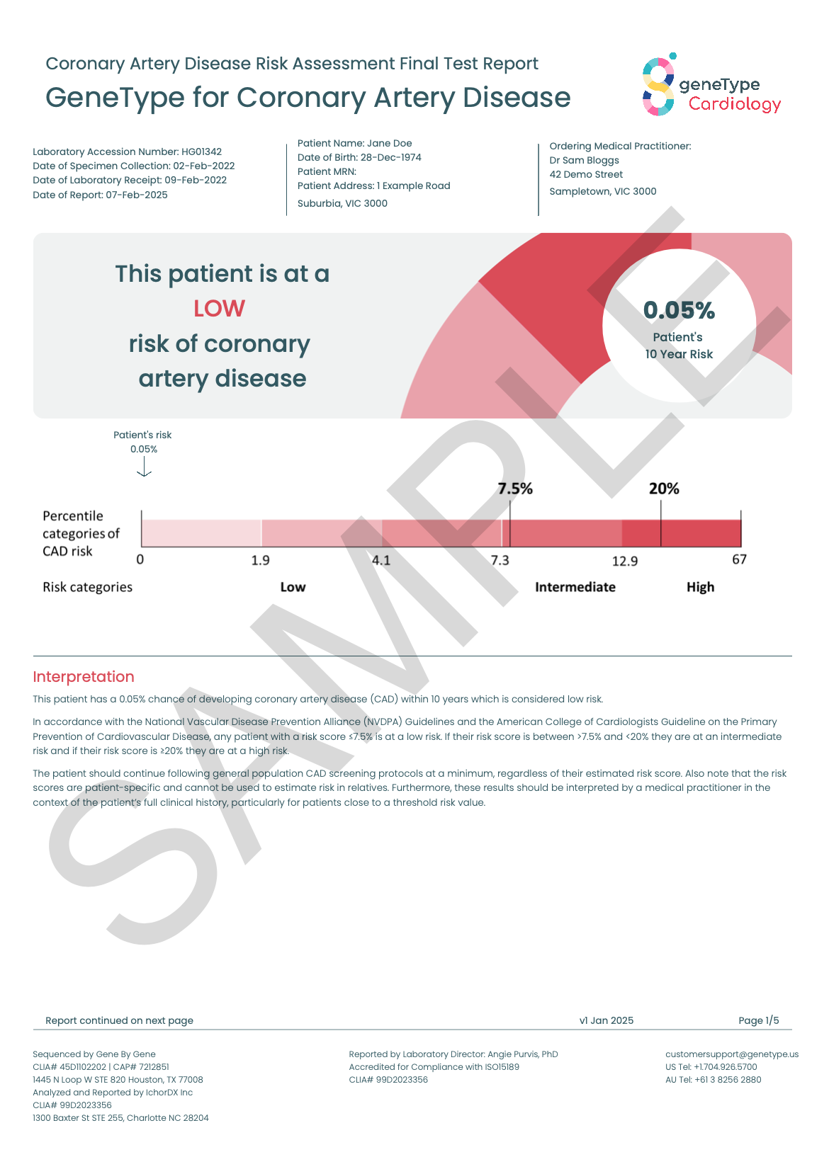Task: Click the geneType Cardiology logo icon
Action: pos(658,86)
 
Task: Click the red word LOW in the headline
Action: pos(219,309)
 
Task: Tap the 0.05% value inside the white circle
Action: pos(679,310)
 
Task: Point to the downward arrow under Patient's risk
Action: pos(144,467)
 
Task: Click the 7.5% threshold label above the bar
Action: pos(514,489)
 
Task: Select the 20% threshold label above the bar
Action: pos(664,489)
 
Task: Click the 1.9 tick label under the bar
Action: pos(260,561)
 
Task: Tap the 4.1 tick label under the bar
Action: pos(381,561)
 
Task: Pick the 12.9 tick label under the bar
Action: pos(624,562)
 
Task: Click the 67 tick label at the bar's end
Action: pos(739,560)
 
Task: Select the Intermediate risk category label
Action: pos(575,587)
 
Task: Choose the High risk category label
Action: pos(700,587)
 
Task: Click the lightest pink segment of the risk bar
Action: pos(201,532)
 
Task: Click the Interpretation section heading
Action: pos(84,677)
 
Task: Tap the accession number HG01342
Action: pos(201,152)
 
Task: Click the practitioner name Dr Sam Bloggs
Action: pos(584,160)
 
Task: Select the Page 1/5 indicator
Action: pos(758,1020)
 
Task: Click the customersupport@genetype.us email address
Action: pos(731,1054)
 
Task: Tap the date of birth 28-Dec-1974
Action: pos(390,157)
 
